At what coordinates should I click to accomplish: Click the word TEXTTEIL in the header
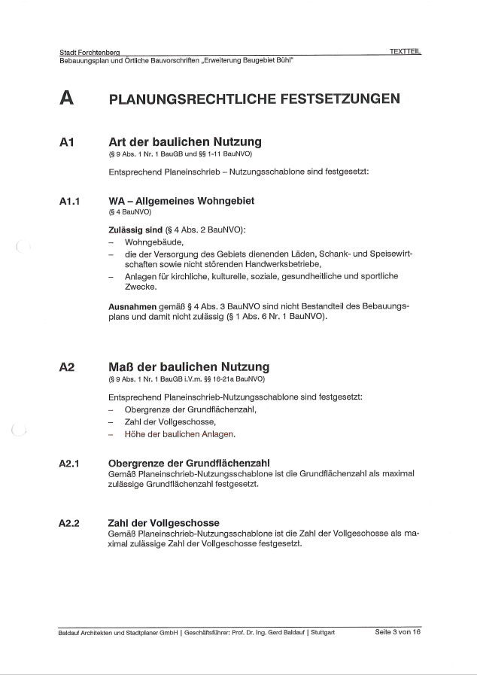click(405, 51)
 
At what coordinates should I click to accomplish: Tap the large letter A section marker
click(66, 99)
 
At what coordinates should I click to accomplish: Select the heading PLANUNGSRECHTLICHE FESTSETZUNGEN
click(254, 99)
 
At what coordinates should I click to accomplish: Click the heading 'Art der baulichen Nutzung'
click(185, 141)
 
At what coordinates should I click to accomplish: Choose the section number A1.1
click(70, 202)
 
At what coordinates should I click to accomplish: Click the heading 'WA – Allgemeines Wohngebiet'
click(181, 201)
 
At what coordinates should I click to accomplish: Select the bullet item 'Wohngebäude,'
click(154, 242)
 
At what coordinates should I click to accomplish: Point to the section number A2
click(67, 367)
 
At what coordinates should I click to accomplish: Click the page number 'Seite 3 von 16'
click(397, 632)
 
